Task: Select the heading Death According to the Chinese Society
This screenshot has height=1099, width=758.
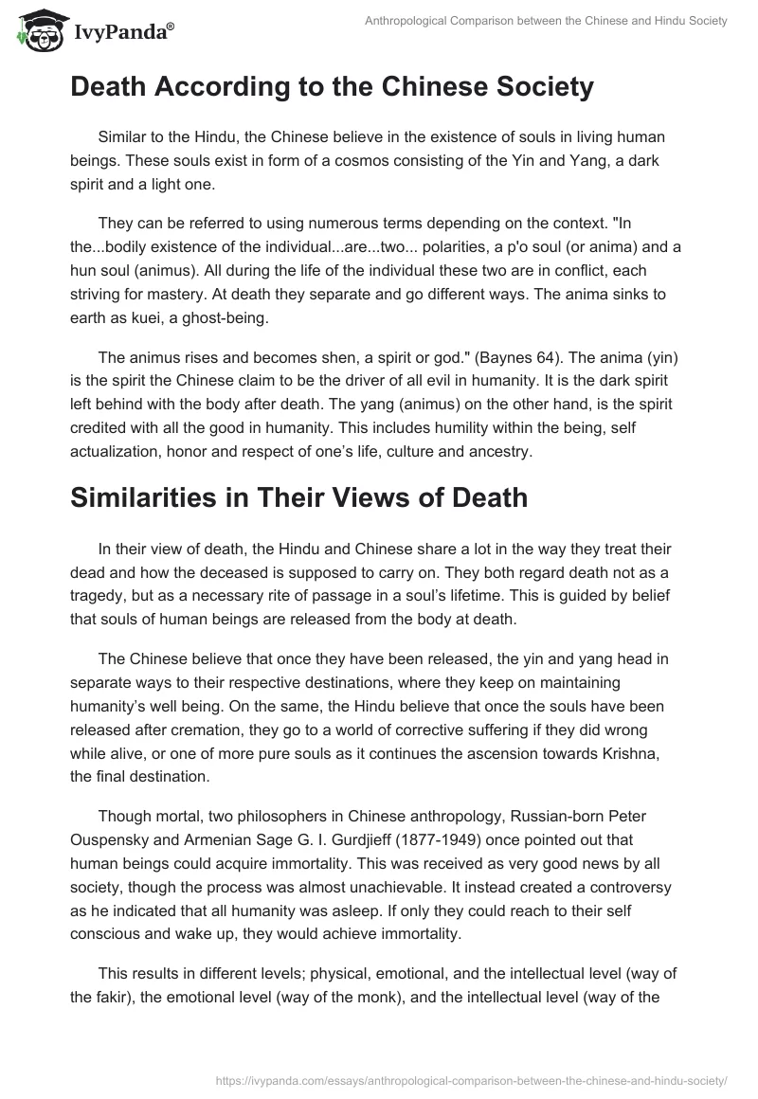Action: click(x=332, y=87)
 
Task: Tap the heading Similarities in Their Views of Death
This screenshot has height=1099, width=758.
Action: click(x=298, y=496)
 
